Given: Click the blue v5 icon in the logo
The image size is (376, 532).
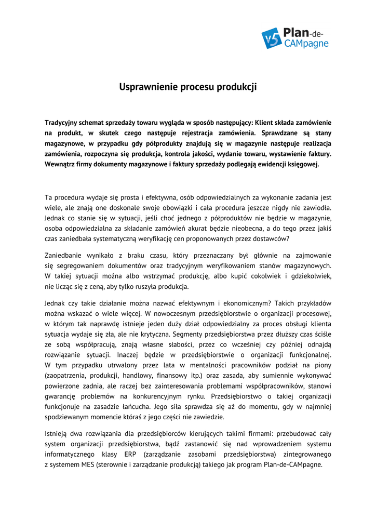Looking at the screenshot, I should coord(271,38).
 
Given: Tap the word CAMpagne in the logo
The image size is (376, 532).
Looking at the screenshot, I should coord(306,44).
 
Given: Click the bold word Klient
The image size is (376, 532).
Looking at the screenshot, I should coord(264,123).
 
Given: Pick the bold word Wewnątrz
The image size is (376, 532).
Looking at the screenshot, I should coord(61,164).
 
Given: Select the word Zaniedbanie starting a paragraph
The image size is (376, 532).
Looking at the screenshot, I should coord(65,255).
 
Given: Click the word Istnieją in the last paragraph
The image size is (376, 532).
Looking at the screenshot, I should coord(57,433).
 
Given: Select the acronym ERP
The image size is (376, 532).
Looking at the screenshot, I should coord(131,454).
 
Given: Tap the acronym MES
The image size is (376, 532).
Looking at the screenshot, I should coord(86,464).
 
